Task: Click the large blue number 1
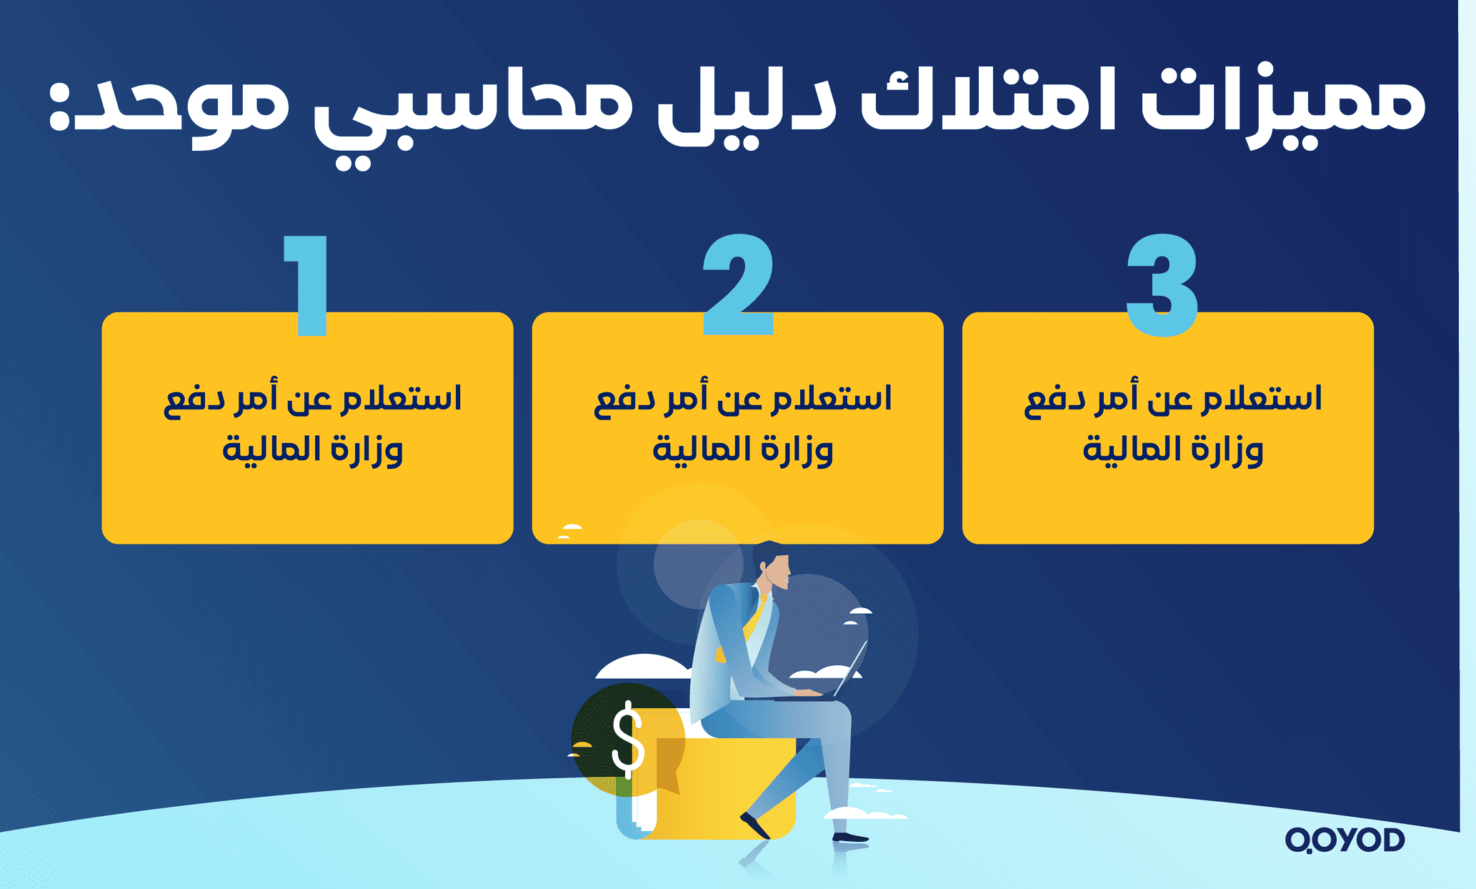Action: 309,286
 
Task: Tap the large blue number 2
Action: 738,286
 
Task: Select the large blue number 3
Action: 1162,286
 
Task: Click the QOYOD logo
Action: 1345,840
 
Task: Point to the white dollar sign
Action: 628,739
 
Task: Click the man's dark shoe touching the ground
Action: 850,837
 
